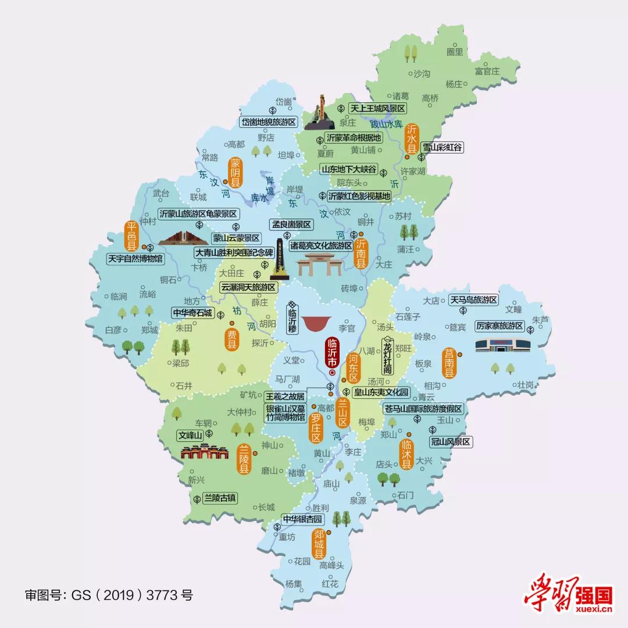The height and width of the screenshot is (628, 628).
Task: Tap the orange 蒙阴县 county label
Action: pyautogui.click(x=235, y=171)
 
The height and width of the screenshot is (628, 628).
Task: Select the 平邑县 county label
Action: pyautogui.click(x=131, y=236)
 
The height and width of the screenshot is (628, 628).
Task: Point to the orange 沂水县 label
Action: pyautogui.click(x=412, y=138)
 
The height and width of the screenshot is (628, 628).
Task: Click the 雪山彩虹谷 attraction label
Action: pyautogui.click(x=443, y=148)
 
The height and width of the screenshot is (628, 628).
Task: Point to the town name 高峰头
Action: pyautogui.click(x=331, y=565)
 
